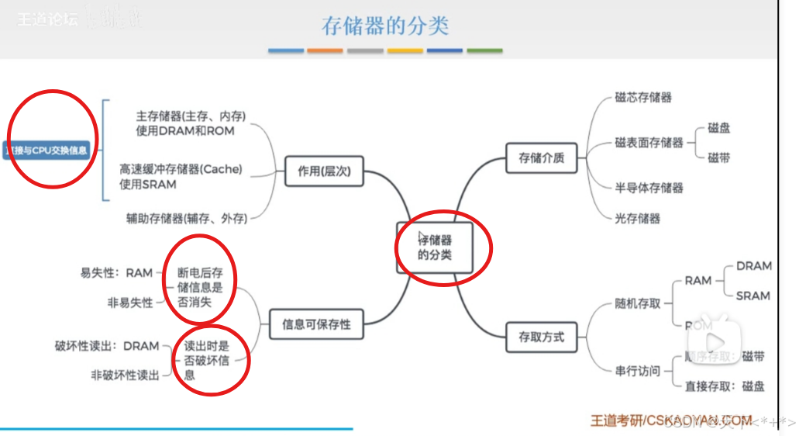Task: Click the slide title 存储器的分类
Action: pos(385,26)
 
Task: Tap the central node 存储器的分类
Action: pos(435,247)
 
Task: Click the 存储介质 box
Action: pos(542,158)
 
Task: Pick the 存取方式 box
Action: pos(542,337)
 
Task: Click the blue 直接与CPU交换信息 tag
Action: pos(46,150)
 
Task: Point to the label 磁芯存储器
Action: pos(643,98)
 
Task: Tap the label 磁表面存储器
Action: pos(649,143)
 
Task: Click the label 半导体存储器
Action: pos(649,188)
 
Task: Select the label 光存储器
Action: pos(638,219)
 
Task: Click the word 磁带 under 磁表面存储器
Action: pos(718,157)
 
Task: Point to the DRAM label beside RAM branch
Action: pos(753,266)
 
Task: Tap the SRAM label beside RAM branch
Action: pos(753,296)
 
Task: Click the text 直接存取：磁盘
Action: pos(725,386)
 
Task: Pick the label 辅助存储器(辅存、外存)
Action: pos(187,219)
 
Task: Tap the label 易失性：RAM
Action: pos(116,273)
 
